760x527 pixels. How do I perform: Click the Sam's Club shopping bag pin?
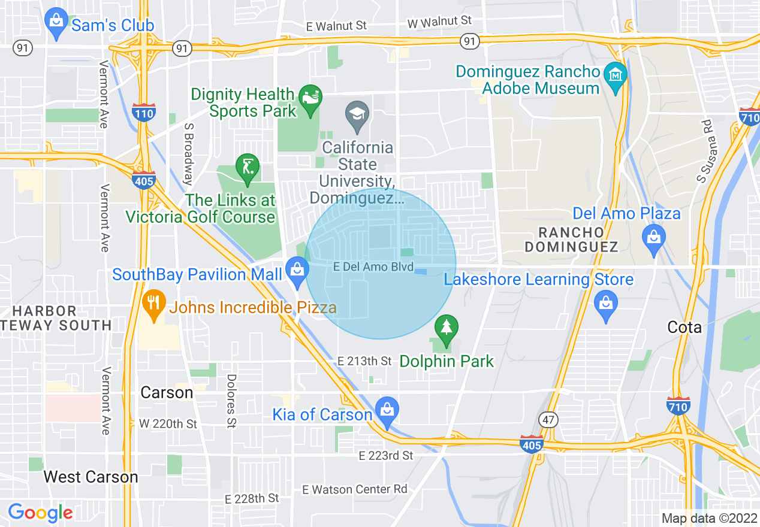[56, 22]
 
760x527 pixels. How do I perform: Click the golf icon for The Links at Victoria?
[247, 168]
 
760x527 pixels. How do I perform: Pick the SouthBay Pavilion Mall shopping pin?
[297, 270]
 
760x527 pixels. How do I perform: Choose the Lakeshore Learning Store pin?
[605, 304]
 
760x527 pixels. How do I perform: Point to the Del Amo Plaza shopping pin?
[653, 238]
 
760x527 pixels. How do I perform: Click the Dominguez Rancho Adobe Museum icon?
[615, 76]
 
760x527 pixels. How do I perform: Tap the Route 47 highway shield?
[548, 420]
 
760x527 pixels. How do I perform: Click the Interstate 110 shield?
[144, 113]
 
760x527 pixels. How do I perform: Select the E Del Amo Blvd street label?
[373, 267]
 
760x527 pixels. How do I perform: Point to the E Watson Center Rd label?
[355, 489]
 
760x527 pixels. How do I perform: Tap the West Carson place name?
[91, 477]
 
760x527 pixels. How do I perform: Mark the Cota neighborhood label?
[684, 327]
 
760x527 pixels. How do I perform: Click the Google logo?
[40, 513]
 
